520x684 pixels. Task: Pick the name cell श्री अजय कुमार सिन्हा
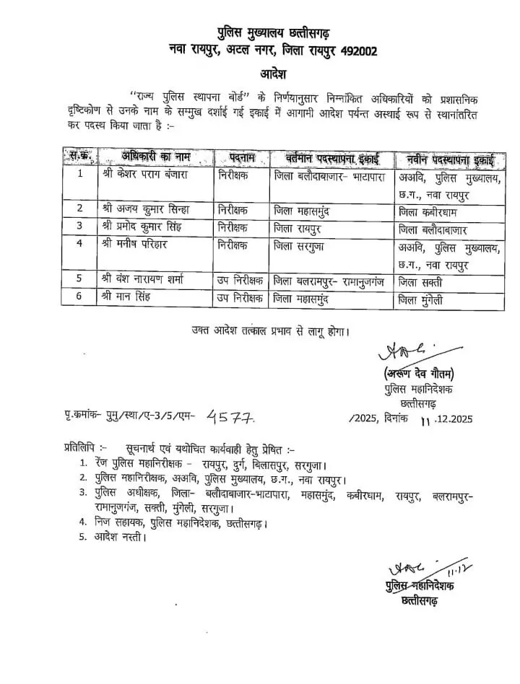[146, 210]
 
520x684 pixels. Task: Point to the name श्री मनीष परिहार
[135, 245]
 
